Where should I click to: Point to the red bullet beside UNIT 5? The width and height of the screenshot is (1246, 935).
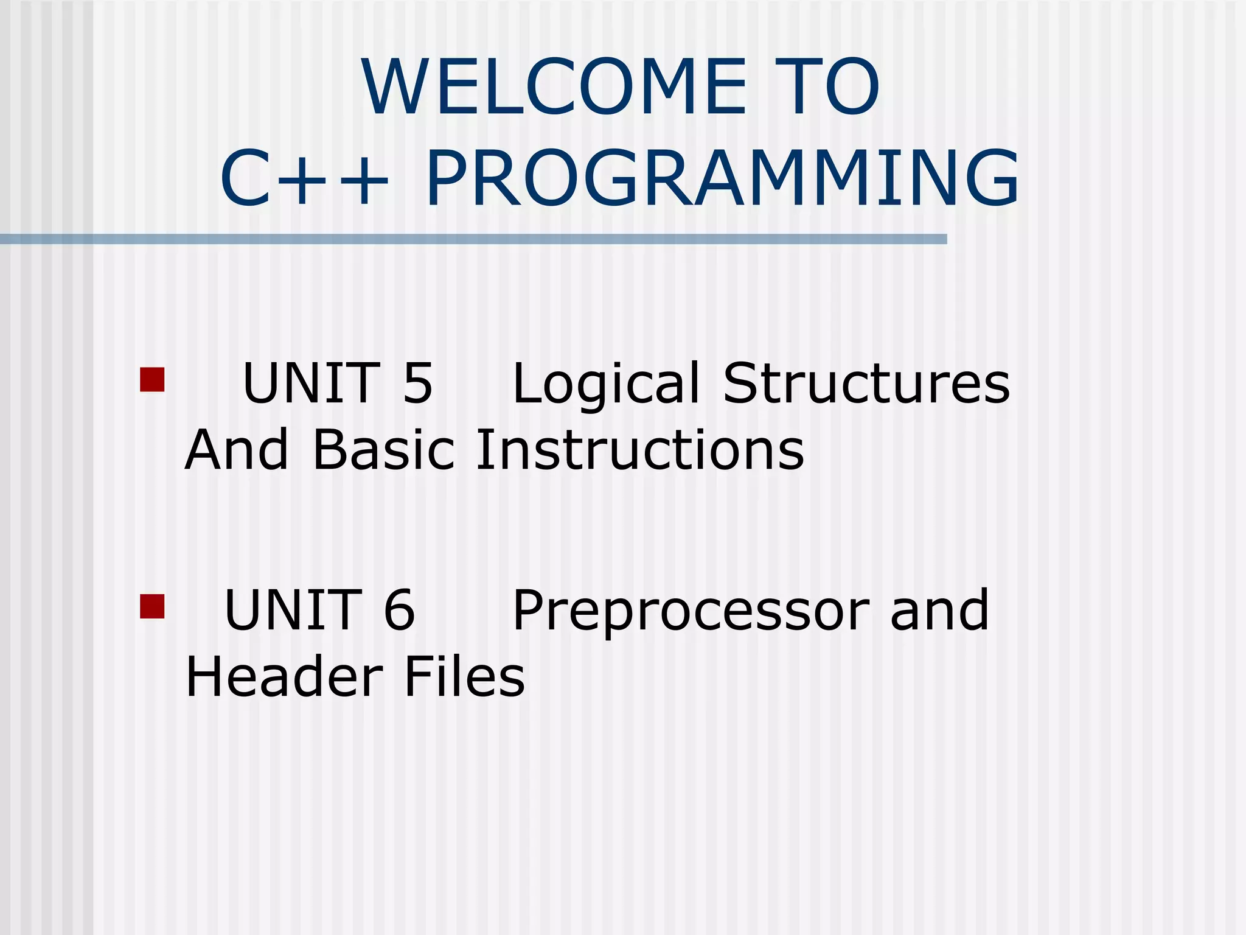152,379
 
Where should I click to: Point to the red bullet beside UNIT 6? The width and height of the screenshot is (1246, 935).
152,606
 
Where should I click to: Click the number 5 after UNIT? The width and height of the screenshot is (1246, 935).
418,383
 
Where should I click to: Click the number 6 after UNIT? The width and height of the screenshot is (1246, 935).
400,610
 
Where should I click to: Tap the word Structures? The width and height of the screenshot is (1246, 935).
866,383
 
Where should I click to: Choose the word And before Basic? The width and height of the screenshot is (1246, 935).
236,450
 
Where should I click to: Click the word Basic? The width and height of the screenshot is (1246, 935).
383,450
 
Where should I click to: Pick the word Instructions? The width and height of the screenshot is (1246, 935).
639,450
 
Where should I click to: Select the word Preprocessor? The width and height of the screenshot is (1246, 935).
690,611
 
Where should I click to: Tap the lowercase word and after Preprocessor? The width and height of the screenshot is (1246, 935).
939,610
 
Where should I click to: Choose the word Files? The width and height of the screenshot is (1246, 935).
464,677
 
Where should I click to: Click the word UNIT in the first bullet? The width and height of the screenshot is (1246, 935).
311,383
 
